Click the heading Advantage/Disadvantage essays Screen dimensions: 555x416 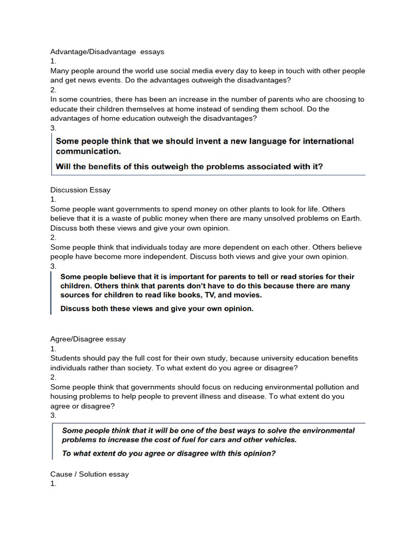click(107, 52)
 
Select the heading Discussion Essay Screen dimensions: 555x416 click(80, 190)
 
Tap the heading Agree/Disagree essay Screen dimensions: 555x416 click(88, 339)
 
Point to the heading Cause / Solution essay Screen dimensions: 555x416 click(89, 474)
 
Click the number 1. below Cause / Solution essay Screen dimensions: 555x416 click(53, 483)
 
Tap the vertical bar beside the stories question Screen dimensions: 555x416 click(51, 293)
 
